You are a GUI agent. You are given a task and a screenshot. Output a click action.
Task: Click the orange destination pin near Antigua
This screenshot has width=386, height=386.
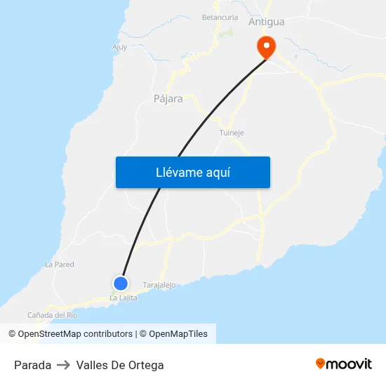pyautogui.click(x=267, y=46)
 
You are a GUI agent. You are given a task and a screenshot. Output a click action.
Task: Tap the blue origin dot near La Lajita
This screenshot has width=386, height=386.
pyautogui.click(x=121, y=284)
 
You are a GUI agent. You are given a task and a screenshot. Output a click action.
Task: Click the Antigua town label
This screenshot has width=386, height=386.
pyautogui.click(x=267, y=22)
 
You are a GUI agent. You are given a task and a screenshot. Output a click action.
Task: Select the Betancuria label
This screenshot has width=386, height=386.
pyautogui.click(x=220, y=17)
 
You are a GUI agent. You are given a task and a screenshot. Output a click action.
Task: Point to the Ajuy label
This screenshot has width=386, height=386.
pyautogui.click(x=119, y=48)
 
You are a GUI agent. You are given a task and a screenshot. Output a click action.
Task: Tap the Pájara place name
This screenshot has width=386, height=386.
pyautogui.click(x=168, y=99)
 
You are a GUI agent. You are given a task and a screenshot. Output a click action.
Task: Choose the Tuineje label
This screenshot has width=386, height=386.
pyautogui.click(x=232, y=133)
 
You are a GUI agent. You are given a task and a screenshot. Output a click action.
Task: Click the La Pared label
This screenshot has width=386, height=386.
pyautogui.click(x=60, y=265)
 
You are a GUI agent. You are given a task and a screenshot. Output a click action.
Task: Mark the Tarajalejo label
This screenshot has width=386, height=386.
pyautogui.click(x=159, y=285)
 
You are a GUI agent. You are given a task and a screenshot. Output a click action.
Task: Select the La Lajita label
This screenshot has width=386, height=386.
pyautogui.click(x=123, y=298)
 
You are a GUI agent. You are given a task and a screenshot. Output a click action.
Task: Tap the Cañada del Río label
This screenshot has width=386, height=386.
pyautogui.click(x=52, y=315)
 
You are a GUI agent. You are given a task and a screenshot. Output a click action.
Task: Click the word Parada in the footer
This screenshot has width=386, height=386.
pyautogui.click(x=32, y=365)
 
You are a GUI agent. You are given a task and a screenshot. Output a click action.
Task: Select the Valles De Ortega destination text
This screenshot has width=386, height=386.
pyautogui.click(x=120, y=365)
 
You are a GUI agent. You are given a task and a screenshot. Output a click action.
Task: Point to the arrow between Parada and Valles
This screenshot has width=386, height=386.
pyautogui.click(x=64, y=365)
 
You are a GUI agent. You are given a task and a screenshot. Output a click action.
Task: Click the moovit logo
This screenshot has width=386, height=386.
pyautogui.click(x=344, y=364)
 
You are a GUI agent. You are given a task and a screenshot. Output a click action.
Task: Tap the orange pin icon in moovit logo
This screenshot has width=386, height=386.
pyautogui.click(x=321, y=364)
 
